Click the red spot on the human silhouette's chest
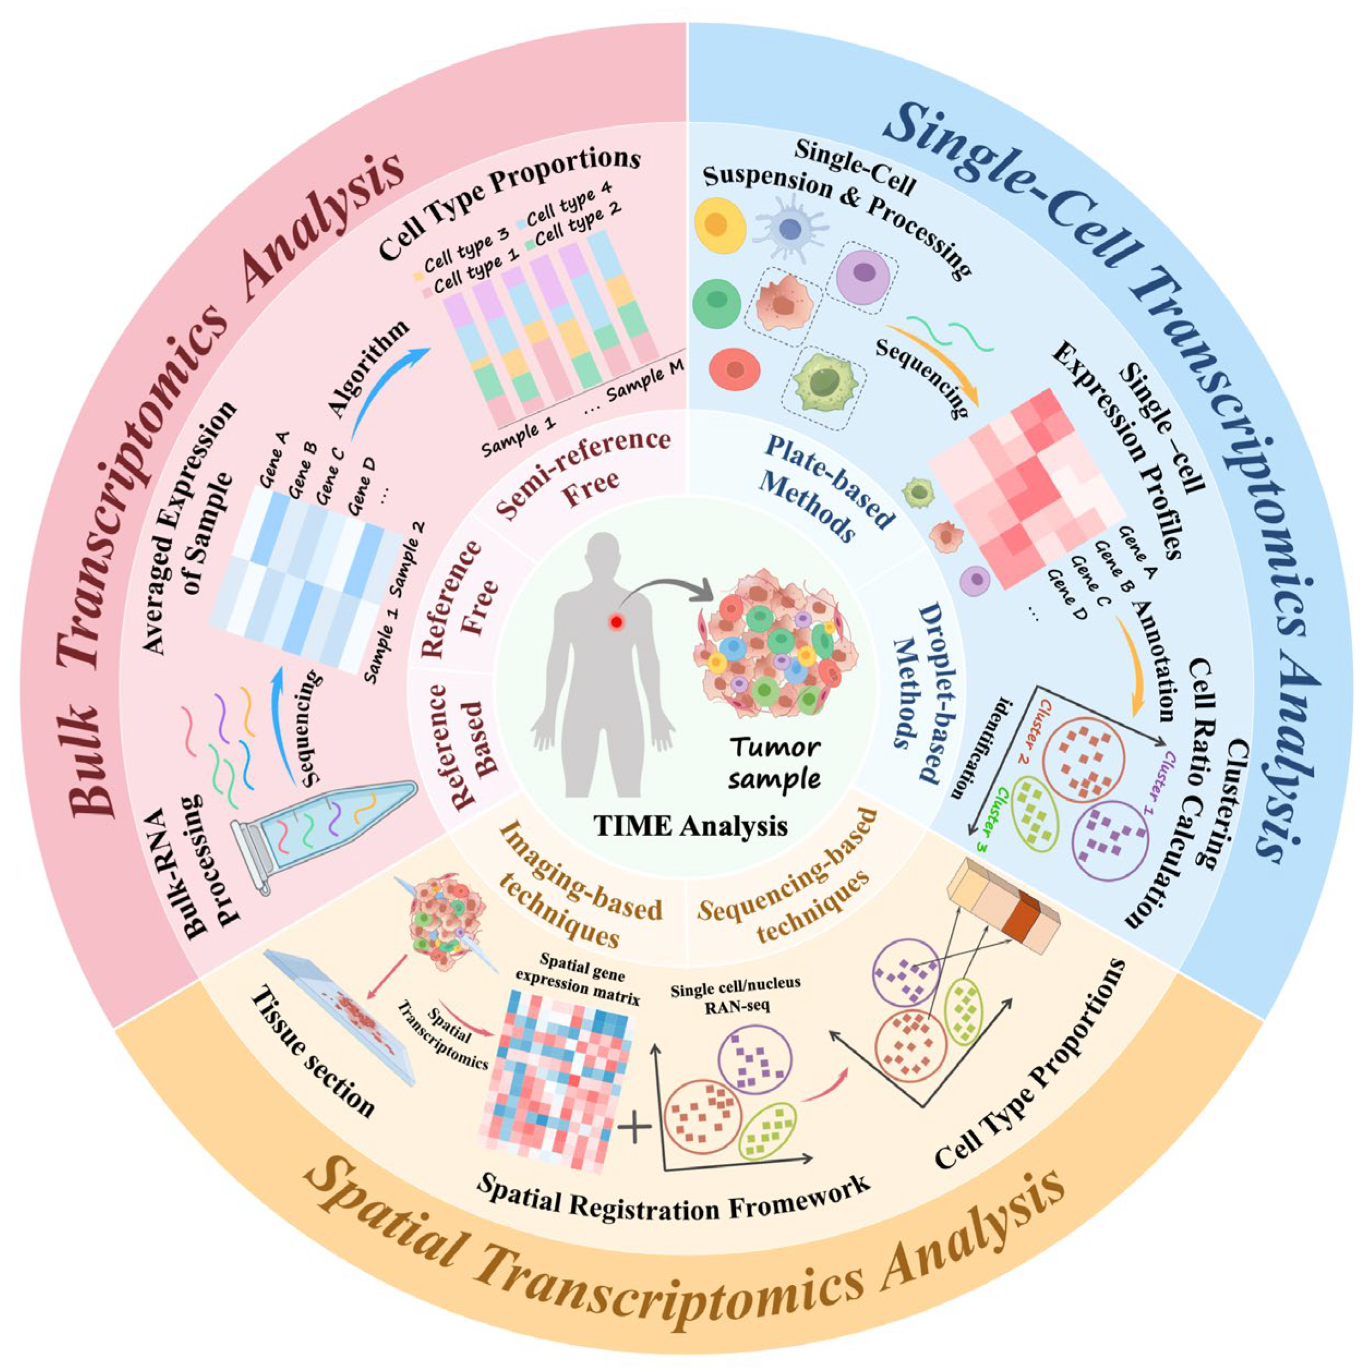pyautogui.click(x=616, y=622)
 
